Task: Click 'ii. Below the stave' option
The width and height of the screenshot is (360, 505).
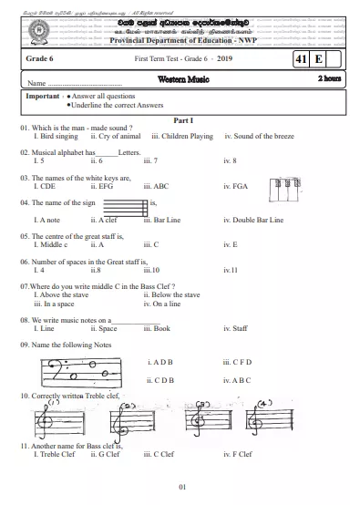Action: (171, 294)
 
